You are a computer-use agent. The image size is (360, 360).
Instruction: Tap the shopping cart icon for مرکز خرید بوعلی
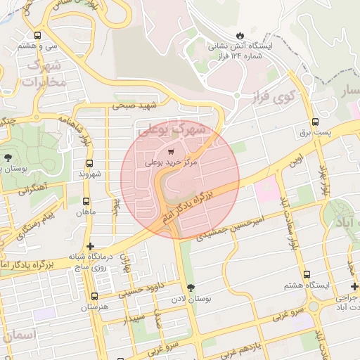pyautogui.click(x=172, y=151)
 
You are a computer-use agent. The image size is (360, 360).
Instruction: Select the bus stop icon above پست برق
pyautogui.click(x=315, y=122)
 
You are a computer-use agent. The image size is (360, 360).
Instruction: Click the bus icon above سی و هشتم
pyautogui.click(x=37, y=35)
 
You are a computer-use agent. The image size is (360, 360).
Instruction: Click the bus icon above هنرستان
pyautogui.click(x=95, y=297)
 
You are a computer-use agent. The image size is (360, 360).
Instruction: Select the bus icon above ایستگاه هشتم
pyautogui.click(x=306, y=275)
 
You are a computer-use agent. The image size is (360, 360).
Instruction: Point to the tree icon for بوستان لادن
pyautogui.click(x=191, y=288)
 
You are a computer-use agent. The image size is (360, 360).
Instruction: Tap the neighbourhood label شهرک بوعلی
pyautogui.click(x=172, y=130)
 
